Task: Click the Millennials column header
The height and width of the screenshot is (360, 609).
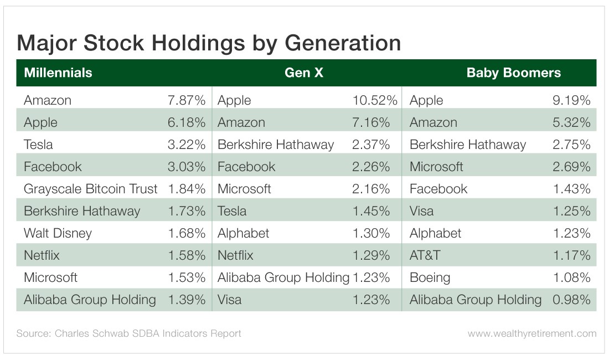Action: (58, 73)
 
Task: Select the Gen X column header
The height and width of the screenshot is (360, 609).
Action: (304, 73)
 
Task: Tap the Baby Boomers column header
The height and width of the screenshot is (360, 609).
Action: (513, 73)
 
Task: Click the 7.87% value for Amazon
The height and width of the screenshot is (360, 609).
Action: (187, 100)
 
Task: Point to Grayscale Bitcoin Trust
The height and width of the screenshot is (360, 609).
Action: (90, 189)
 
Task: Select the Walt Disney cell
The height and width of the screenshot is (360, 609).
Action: (58, 233)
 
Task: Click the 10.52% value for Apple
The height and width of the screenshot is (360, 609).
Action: (375, 100)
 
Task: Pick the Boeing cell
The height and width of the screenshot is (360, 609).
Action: (430, 277)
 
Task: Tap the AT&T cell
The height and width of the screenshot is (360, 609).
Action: (425, 255)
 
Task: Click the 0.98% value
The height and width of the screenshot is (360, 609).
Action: (571, 300)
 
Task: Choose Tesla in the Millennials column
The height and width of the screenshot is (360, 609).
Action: (38, 145)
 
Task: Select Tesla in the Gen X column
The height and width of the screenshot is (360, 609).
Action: (232, 211)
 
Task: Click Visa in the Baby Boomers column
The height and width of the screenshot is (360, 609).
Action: (421, 211)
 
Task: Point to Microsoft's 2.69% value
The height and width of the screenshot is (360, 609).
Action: (571, 167)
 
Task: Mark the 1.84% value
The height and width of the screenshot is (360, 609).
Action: (187, 189)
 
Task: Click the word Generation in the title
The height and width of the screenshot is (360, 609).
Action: (343, 43)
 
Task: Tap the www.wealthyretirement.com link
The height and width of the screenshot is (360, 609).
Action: (531, 333)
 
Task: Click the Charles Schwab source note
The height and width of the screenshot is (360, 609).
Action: (128, 333)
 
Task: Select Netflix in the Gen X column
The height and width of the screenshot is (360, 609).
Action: (235, 255)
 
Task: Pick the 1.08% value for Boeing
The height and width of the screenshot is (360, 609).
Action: (571, 277)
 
